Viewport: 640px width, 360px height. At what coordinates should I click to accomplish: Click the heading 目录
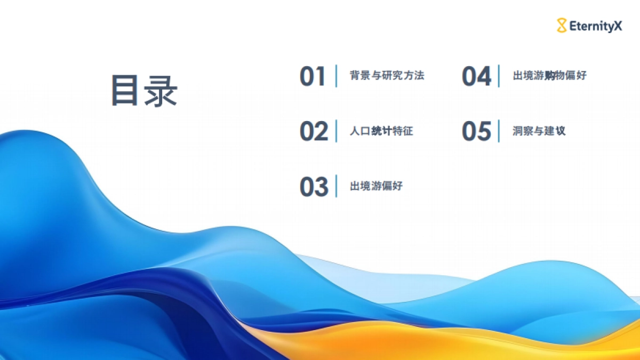tap(143, 91)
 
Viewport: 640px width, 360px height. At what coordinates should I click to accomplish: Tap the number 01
tap(312, 77)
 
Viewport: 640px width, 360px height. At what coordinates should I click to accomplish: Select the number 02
tap(314, 131)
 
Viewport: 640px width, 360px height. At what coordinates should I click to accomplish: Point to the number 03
tap(314, 187)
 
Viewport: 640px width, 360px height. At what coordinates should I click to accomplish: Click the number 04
tap(476, 77)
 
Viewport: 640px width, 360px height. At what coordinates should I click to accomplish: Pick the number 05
tap(476, 131)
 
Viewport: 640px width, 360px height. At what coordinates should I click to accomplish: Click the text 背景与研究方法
tap(387, 76)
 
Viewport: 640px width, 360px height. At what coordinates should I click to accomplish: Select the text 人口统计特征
tap(381, 131)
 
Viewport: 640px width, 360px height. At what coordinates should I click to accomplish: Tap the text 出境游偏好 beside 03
tap(376, 186)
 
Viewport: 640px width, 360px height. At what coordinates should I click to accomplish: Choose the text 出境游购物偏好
tap(549, 76)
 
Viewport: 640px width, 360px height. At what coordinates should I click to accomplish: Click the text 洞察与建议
tap(539, 131)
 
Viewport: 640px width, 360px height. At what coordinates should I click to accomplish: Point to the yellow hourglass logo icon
tap(562, 25)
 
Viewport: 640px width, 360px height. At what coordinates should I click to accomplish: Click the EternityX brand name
tap(595, 25)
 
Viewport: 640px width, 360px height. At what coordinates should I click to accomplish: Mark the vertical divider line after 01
tap(337, 76)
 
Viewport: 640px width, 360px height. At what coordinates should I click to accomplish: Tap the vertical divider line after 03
tap(337, 186)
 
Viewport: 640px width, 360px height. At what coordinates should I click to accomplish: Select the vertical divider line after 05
tap(499, 131)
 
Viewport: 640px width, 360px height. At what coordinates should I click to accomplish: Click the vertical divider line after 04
tap(499, 76)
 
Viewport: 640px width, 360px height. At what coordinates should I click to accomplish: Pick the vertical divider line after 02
tap(337, 131)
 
